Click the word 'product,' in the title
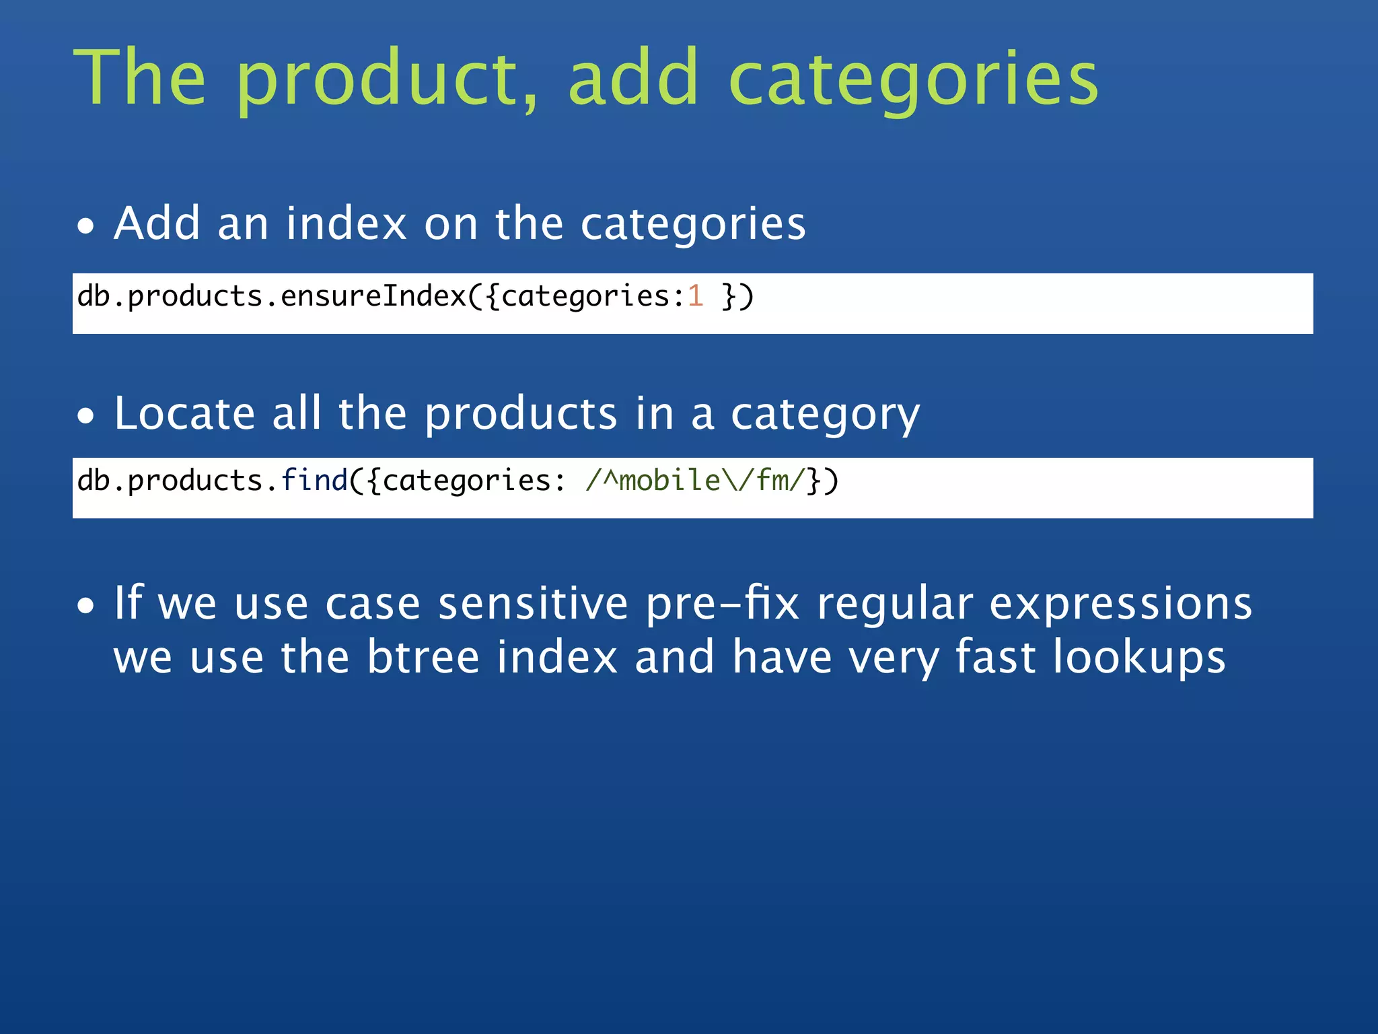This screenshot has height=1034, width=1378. point(387,79)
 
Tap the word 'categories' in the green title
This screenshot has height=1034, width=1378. point(913,79)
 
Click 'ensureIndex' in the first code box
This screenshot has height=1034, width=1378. point(373,297)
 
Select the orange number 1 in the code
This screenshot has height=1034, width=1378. point(695,297)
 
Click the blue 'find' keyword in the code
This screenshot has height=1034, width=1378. point(314,481)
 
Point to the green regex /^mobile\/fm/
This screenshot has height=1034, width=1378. point(695,481)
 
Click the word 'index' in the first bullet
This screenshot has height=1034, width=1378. point(346,223)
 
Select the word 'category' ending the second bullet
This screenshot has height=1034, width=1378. point(825,415)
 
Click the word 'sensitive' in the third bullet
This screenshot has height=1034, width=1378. point(533,603)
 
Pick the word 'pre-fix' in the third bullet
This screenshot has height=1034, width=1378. point(722,603)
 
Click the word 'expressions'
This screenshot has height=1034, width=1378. point(1120,603)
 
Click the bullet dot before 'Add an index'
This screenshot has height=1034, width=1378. point(85,227)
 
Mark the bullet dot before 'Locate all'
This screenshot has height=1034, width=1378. point(85,416)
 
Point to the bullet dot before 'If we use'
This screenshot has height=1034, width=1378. point(85,606)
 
